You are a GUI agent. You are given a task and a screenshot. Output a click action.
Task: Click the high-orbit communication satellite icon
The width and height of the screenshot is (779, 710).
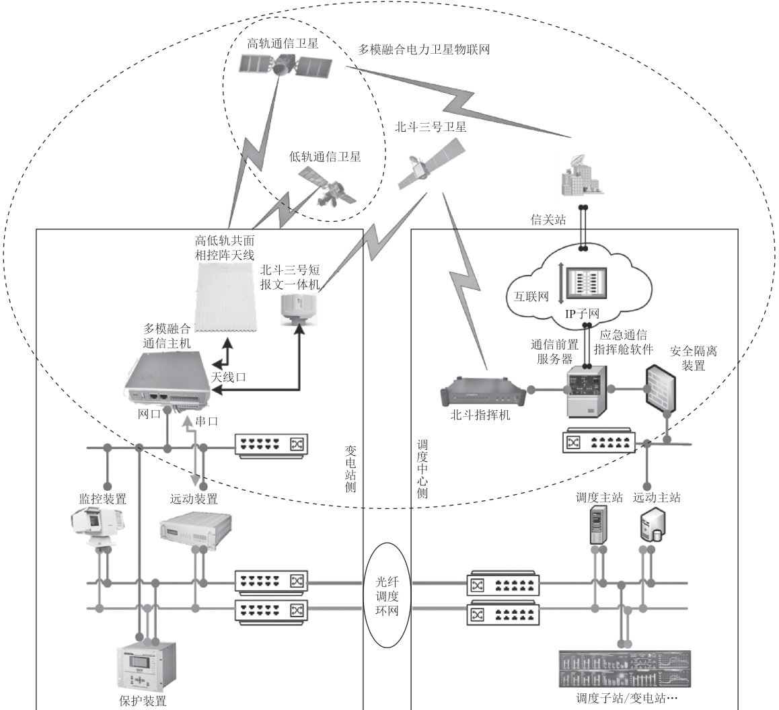(x=286, y=65)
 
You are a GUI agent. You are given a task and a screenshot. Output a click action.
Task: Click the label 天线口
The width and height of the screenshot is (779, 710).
(x=228, y=377)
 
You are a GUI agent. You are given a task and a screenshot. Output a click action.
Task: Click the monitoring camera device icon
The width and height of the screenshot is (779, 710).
(x=96, y=528)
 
